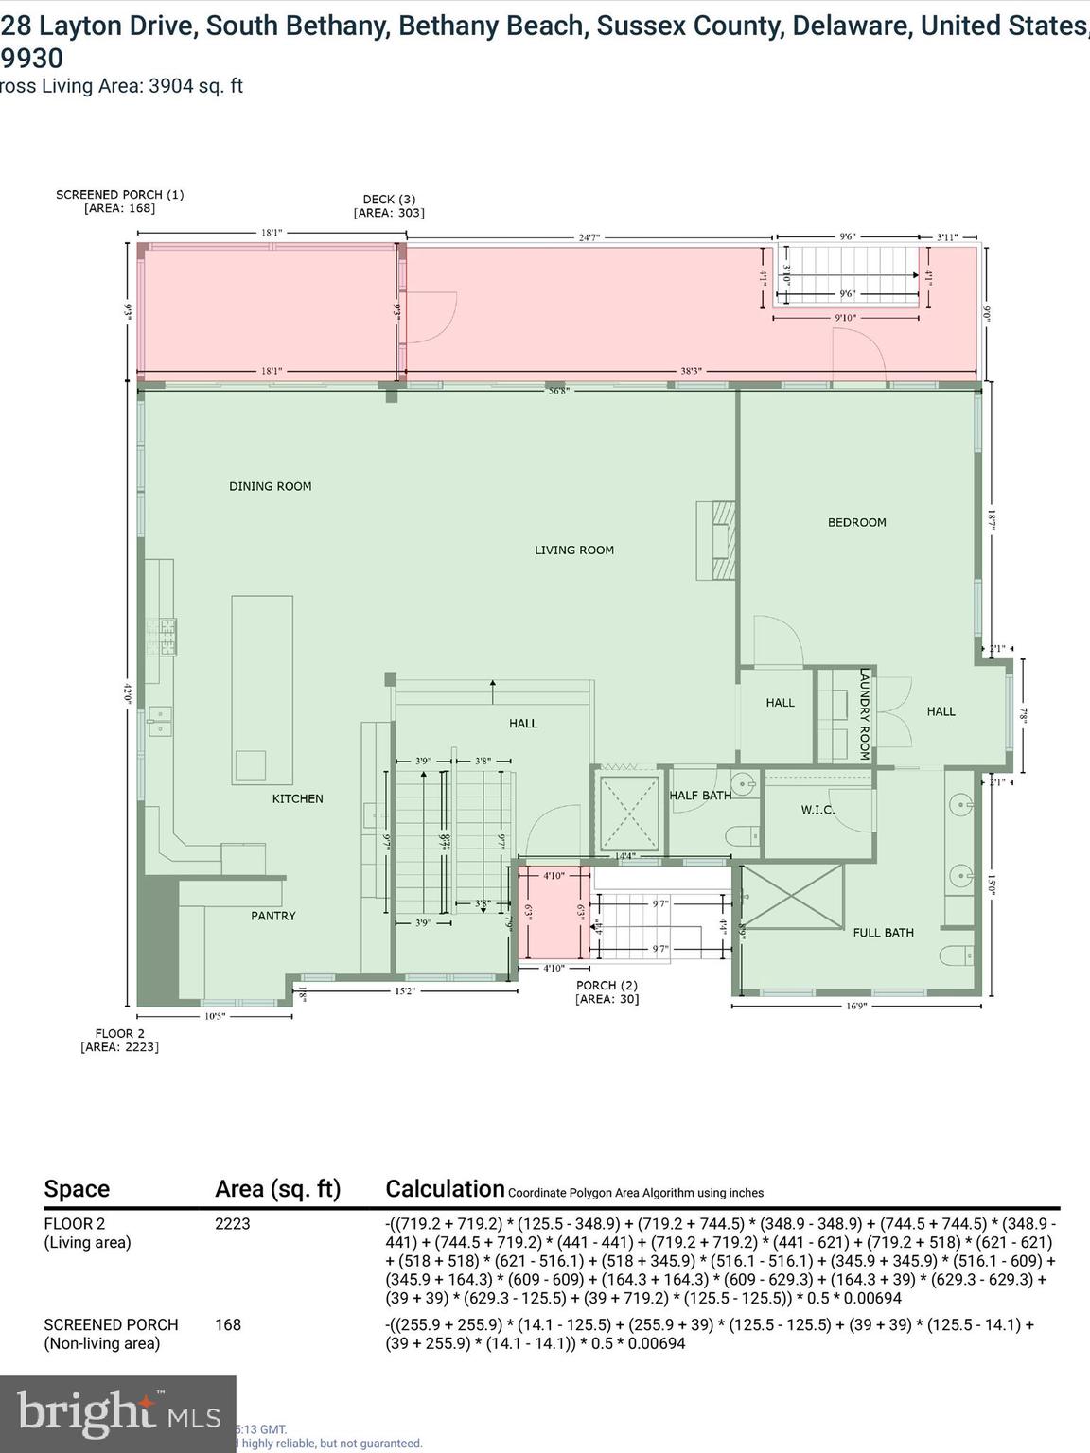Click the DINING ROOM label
click(x=270, y=486)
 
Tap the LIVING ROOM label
click(x=574, y=550)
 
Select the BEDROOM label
click(x=856, y=522)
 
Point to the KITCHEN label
click(x=297, y=798)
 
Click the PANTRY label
click(x=272, y=916)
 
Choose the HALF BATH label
click(x=700, y=796)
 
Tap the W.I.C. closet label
click(x=817, y=810)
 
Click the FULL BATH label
click(x=883, y=933)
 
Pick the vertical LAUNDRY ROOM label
click(x=864, y=714)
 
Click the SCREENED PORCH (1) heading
click(x=119, y=195)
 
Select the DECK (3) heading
click(x=389, y=200)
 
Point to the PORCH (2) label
click(x=607, y=986)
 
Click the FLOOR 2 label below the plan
click(x=119, y=1034)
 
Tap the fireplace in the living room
click(x=717, y=539)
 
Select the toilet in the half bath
click(x=741, y=836)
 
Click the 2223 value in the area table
click(x=233, y=1224)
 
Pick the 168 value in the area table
click(x=228, y=1324)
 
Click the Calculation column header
click(x=445, y=1189)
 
